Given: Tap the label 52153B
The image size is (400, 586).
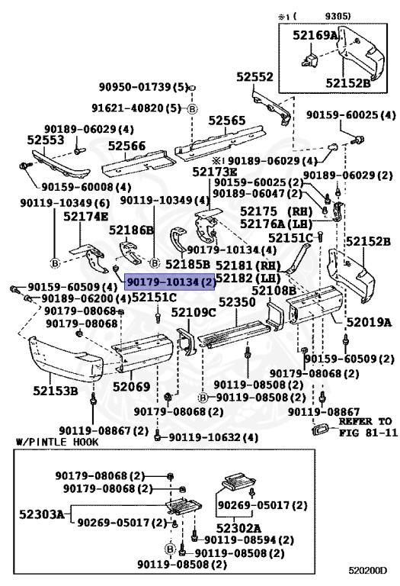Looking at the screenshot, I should pos(55,391).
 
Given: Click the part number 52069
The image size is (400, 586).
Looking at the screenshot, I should pos(131,387).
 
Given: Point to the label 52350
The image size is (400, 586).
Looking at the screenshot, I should pos(237,302).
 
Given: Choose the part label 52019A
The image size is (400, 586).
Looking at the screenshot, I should pos(369,322).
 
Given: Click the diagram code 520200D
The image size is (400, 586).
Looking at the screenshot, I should pos(368,569).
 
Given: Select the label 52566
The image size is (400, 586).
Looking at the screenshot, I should pos(126,146).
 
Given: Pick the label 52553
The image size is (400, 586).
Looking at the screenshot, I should pos(46,140).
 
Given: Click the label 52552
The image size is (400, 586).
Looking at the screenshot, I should pos(254,77).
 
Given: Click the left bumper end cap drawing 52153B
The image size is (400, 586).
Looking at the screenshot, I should pos(65,359).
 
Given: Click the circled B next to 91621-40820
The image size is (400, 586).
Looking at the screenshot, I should pos(192,109).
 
